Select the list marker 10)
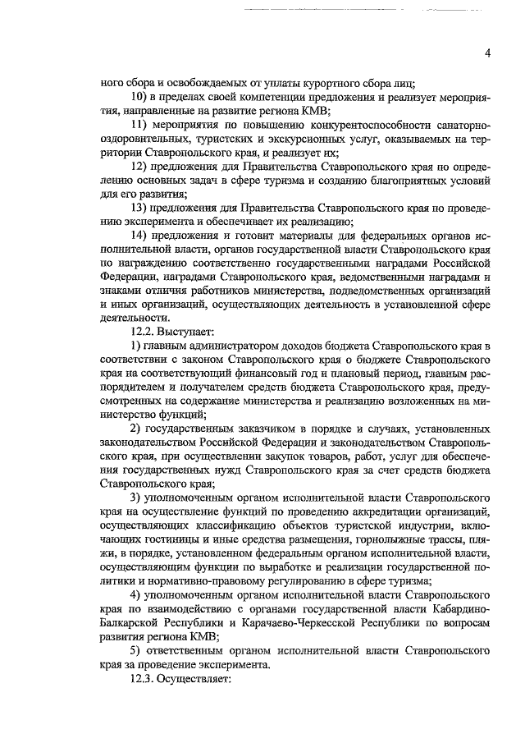point(140,97)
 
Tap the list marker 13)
point(140,209)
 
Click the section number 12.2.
point(142,333)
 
